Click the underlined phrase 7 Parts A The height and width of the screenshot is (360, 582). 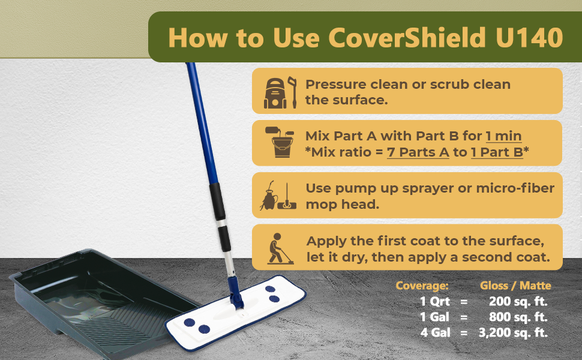click(418, 152)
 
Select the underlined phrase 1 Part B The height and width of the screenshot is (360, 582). click(497, 152)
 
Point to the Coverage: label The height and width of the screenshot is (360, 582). click(422, 286)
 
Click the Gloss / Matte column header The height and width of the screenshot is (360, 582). click(515, 286)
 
